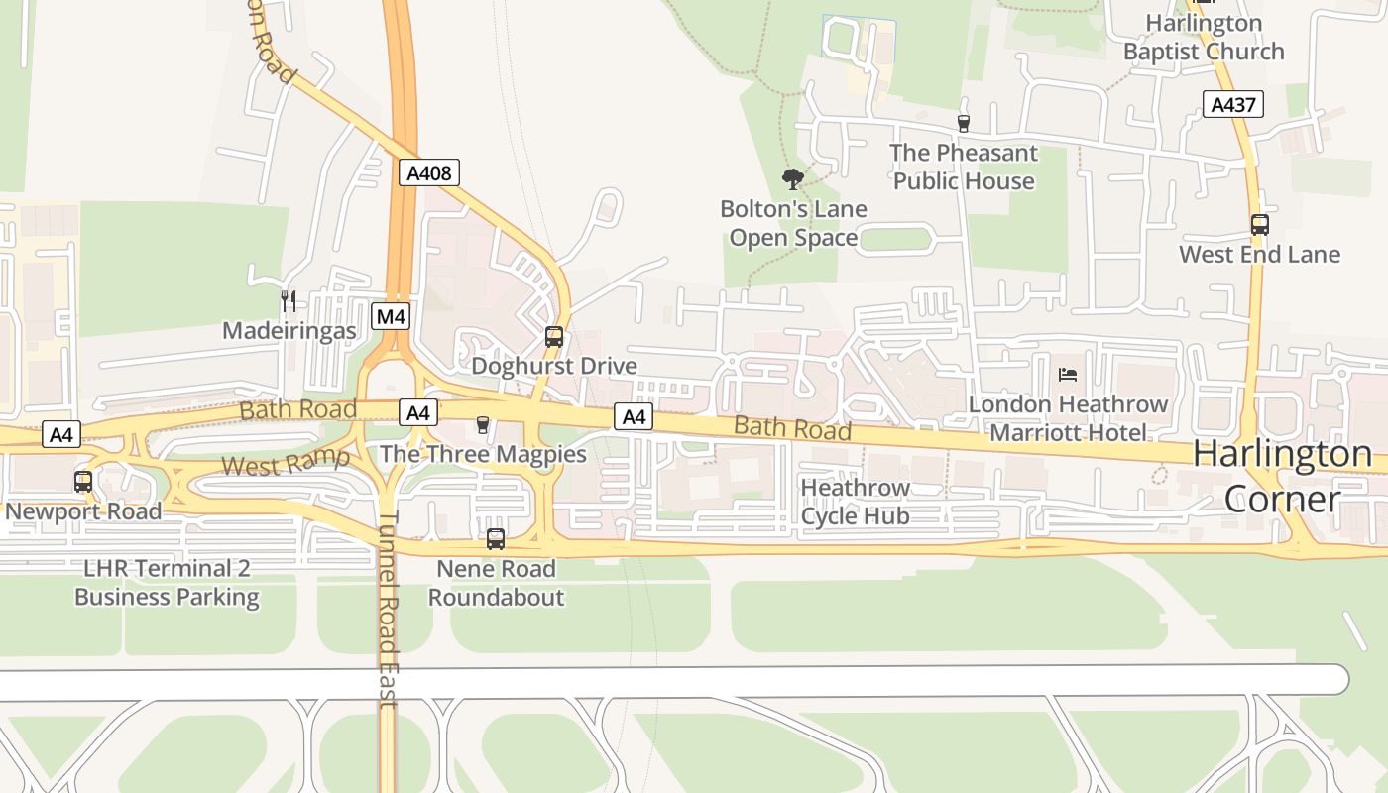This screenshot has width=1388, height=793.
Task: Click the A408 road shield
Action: point(430,173)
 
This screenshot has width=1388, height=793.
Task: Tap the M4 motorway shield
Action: point(391,317)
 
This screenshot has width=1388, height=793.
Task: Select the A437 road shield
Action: point(1233,104)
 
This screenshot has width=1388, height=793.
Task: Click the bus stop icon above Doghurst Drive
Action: point(554,337)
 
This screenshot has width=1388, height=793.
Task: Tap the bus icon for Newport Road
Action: point(83,483)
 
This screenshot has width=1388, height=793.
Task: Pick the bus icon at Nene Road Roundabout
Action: point(496,539)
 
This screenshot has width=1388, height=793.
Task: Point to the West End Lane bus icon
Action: point(1259,225)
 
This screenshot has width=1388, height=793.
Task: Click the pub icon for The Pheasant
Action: point(963,124)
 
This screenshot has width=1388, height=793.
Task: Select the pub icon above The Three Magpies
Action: point(483,425)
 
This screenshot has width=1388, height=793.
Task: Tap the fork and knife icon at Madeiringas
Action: point(289,301)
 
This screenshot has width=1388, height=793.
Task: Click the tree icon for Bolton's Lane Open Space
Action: point(792,179)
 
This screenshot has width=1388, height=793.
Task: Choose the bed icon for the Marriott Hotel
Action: point(1068,375)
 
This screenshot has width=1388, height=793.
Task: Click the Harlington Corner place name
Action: point(1282,476)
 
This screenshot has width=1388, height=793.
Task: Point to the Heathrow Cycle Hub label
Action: point(855,502)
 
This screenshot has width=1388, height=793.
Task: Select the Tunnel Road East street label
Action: point(388,609)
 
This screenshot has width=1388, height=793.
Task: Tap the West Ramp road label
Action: point(286,462)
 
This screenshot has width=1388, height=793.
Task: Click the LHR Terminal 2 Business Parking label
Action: point(167,583)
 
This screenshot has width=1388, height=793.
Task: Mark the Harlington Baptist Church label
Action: point(1204,37)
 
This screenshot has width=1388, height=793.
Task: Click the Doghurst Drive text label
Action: point(553,366)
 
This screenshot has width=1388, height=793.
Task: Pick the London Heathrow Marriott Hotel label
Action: point(1068,418)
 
